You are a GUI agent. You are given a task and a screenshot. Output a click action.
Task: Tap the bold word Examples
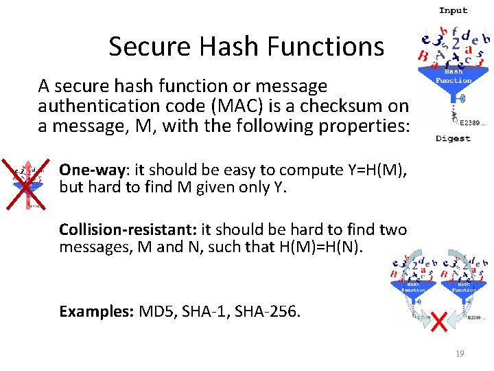pyautogui.click(x=97, y=311)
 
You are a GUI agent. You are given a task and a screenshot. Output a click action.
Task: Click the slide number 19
pyautogui.click(x=460, y=354)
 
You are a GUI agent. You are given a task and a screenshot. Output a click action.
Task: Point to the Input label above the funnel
pyautogui.click(x=453, y=10)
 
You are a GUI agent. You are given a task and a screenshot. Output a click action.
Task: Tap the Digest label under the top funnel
pyautogui.click(x=453, y=138)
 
